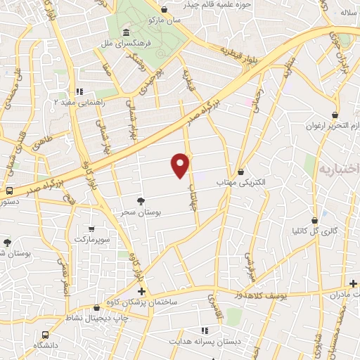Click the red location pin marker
(181, 165)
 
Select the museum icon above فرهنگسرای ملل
(125, 33)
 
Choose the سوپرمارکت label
(92, 240)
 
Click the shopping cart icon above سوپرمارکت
(92, 229)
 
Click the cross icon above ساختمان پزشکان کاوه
(141, 291)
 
